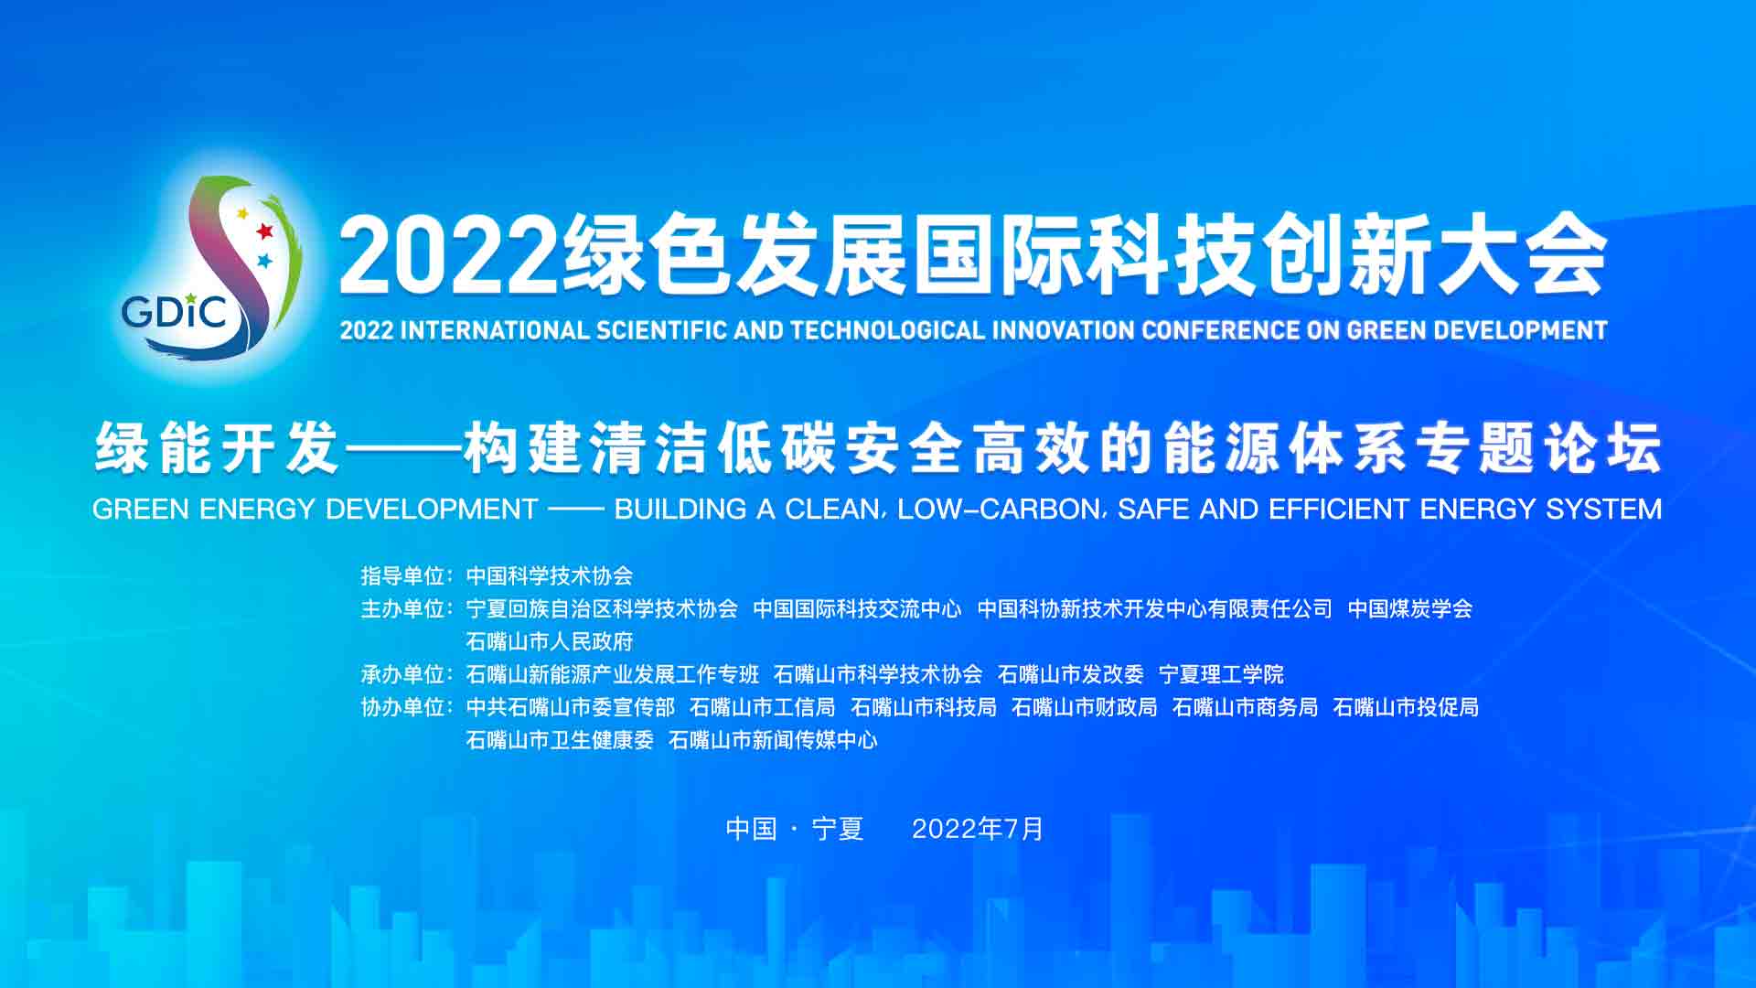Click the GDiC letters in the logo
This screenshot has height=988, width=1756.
tap(174, 312)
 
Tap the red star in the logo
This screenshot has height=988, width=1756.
tap(264, 231)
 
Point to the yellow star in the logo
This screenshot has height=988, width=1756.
tap(242, 214)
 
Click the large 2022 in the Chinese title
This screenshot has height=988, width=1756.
tap(449, 257)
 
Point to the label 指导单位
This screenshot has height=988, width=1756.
tap(403, 575)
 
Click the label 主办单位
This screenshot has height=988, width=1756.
tap(403, 608)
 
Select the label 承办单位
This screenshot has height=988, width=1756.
tap(403, 674)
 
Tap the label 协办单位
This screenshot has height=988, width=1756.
tap(403, 707)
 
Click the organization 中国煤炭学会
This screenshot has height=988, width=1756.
tap(1410, 608)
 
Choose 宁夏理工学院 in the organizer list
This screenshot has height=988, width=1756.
tap(1221, 674)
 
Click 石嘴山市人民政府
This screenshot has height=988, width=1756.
tap(550, 641)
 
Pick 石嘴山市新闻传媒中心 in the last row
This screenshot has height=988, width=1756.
tap(773, 740)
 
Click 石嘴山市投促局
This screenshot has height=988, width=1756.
tap(1406, 707)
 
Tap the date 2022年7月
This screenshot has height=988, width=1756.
tap(978, 829)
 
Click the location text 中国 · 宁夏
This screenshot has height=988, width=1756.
tap(795, 829)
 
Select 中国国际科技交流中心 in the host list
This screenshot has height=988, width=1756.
tap(857, 608)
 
